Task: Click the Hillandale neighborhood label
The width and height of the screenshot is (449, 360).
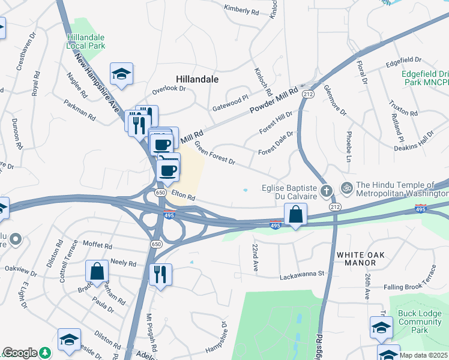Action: click(197, 79)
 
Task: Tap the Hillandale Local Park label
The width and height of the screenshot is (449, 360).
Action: click(86, 41)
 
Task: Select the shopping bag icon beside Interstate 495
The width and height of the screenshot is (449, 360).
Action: click(296, 214)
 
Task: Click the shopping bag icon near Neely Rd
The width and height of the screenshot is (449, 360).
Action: click(97, 271)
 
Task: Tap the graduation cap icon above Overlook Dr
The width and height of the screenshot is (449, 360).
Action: click(122, 74)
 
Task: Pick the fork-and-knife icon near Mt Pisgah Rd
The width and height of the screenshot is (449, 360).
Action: click(160, 274)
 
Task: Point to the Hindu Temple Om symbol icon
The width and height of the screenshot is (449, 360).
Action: click(346, 188)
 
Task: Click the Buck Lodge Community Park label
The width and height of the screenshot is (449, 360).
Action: click(420, 322)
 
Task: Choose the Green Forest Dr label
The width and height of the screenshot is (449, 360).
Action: click(214, 157)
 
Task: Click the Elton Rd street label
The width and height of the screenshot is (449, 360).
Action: click(184, 196)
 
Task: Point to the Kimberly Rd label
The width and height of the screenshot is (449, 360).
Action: click(241, 9)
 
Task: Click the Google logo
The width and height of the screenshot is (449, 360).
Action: click(20, 353)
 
